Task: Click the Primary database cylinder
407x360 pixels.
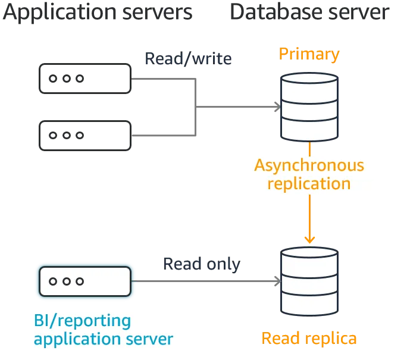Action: (x=309, y=107)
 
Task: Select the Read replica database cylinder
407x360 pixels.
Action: (x=309, y=281)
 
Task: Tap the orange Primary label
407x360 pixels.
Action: (x=309, y=55)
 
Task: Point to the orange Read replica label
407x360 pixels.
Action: (x=309, y=339)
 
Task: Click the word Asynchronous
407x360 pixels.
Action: (x=309, y=165)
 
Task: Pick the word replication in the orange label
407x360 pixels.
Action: (x=309, y=183)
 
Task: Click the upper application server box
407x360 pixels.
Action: (x=85, y=79)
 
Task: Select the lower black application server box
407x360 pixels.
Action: (x=85, y=136)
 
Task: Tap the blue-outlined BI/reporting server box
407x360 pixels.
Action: (x=85, y=281)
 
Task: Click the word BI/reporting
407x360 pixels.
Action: (x=82, y=321)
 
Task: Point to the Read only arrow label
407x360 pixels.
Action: (x=202, y=264)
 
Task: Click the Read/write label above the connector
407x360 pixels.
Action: (x=187, y=60)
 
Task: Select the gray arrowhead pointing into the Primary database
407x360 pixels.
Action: (x=275, y=107)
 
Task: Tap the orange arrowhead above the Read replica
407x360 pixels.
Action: (x=309, y=239)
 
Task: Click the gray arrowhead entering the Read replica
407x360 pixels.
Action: (x=275, y=281)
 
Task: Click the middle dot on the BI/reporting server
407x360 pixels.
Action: (x=66, y=281)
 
